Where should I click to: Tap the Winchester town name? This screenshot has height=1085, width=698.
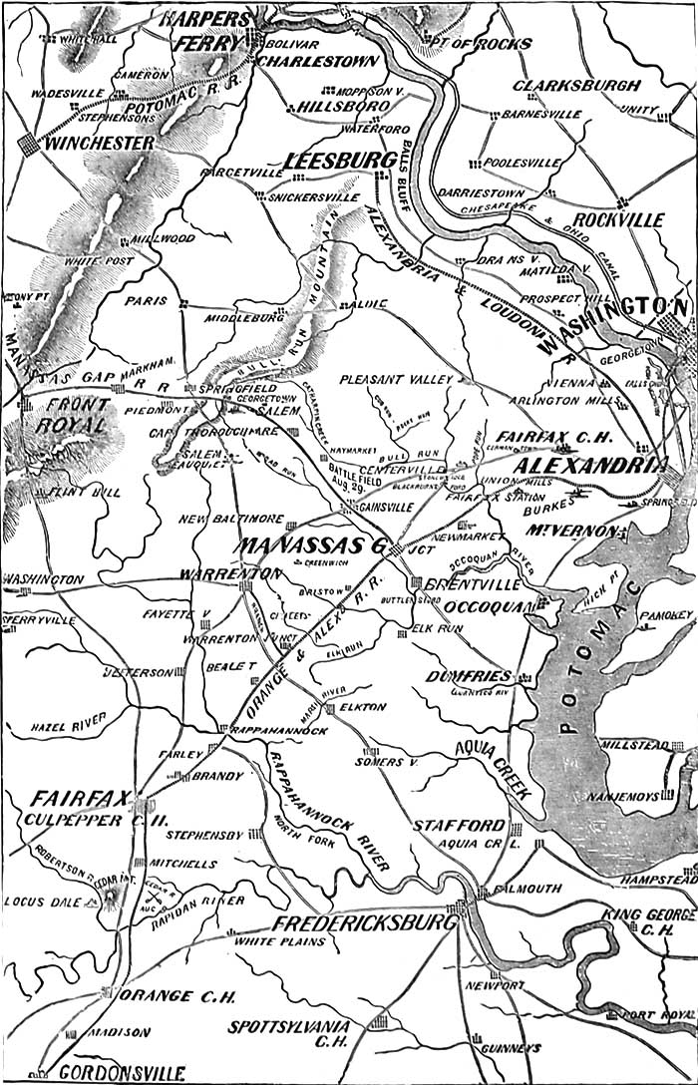[99, 144]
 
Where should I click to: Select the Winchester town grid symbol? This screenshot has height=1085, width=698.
[30, 144]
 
